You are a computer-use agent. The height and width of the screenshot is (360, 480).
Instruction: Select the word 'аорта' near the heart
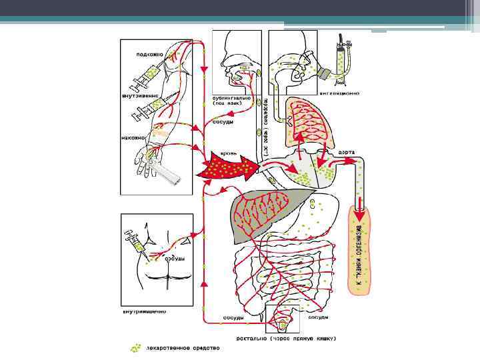347,152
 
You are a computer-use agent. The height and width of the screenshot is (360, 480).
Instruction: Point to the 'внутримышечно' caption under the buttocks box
144,311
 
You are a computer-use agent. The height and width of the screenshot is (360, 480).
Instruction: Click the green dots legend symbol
136,347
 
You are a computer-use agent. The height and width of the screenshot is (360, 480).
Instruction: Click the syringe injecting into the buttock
136,240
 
